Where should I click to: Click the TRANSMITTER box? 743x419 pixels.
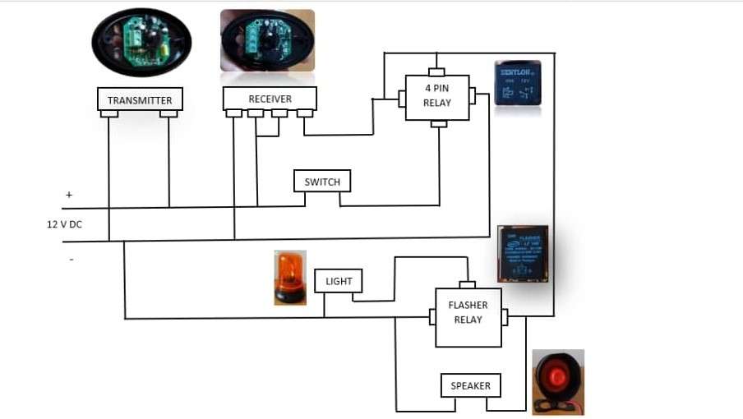(x=140, y=100)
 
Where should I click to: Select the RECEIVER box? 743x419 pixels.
(x=270, y=99)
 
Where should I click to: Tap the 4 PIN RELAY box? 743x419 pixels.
(x=436, y=97)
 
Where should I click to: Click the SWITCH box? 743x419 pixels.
(x=322, y=182)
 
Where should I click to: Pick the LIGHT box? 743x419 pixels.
(x=339, y=281)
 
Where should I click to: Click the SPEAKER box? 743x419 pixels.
(x=470, y=385)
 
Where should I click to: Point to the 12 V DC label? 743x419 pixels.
(x=64, y=223)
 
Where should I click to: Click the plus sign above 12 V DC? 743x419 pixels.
(x=69, y=196)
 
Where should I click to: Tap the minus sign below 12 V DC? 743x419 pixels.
(x=71, y=260)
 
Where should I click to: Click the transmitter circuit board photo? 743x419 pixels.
(x=141, y=42)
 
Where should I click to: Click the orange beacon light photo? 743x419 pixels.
(x=290, y=278)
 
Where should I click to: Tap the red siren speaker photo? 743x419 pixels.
(x=558, y=380)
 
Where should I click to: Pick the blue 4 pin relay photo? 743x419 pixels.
(x=518, y=84)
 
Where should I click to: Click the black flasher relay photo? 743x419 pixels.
(x=523, y=253)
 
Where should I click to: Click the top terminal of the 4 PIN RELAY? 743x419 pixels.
(x=436, y=72)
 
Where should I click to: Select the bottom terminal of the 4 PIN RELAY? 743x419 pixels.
(x=439, y=124)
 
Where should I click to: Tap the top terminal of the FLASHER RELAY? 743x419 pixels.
(x=467, y=285)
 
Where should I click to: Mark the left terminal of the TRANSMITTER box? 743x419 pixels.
(x=109, y=114)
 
